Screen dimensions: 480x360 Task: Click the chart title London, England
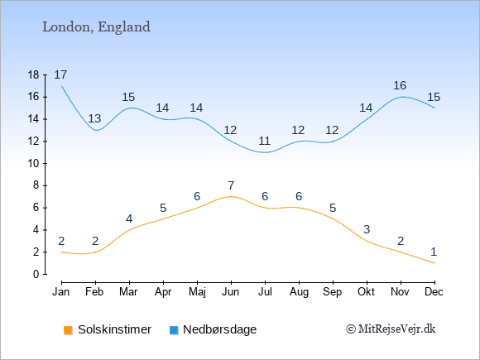pyautogui.click(x=96, y=27)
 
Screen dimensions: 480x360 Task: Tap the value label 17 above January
pyautogui.click(x=60, y=74)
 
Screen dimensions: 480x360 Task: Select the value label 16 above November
pyautogui.click(x=400, y=86)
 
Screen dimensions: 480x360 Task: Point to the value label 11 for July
pyautogui.click(x=264, y=142)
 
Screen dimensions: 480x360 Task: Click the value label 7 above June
pyautogui.click(x=231, y=185)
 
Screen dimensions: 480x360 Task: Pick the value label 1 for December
pyautogui.click(x=434, y=252)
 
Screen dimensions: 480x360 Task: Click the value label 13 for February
pyautogui.click(x=94, y=118)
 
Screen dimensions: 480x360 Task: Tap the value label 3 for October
pyautogui.click(x=367, y=229)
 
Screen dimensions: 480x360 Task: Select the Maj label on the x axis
pyautogui.click(x=197, y=292)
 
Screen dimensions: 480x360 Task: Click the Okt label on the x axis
pyautogui.click(x=366, y=292)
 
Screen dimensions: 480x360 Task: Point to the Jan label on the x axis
pyautogui.click(x=61, y=292)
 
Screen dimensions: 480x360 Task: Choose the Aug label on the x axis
pyautogui.click(x=299, y=292)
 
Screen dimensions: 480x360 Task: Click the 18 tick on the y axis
pyautogui.click(x=34, y=74)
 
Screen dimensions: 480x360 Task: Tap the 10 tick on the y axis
pyautogui.click(x=34, y=164)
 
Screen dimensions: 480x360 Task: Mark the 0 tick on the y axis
pyautogui.click(x=36, y=274)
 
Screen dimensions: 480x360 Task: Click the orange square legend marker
pyautogui.click(x=68, y=330)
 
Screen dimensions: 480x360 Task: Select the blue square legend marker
pyautogui.click(x=174, y=330)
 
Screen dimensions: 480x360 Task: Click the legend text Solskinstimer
pyautogui.click(x=114, y=329)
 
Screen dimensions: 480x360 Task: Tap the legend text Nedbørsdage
pyautogui.click(x=220, y=330)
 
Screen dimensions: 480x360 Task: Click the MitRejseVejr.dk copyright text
pyautogui.click(x=391, y=329)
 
